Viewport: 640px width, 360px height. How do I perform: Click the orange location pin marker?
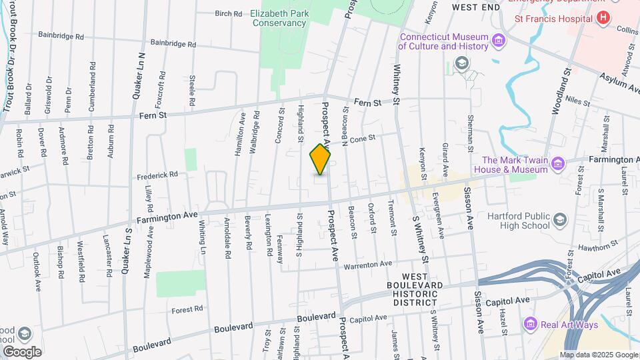321,159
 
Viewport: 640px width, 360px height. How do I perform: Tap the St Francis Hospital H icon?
603,18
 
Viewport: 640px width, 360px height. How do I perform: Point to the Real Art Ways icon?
531,324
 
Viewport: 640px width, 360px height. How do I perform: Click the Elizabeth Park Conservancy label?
279,18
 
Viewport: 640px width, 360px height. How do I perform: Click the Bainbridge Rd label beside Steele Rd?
173,43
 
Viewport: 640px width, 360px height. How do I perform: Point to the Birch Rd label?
228,13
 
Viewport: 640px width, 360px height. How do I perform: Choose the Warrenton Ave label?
367,265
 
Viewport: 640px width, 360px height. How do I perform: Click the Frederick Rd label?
157,175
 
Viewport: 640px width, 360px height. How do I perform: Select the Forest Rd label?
187,309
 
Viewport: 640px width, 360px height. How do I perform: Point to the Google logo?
22,351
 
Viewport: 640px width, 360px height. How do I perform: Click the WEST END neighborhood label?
475,7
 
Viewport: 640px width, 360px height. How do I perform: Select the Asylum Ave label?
619,82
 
